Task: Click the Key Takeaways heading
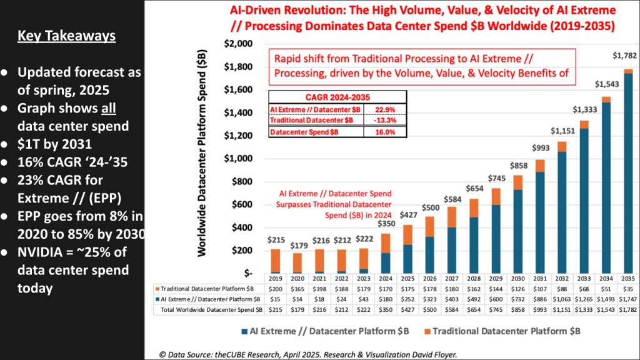coord(66,36)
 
